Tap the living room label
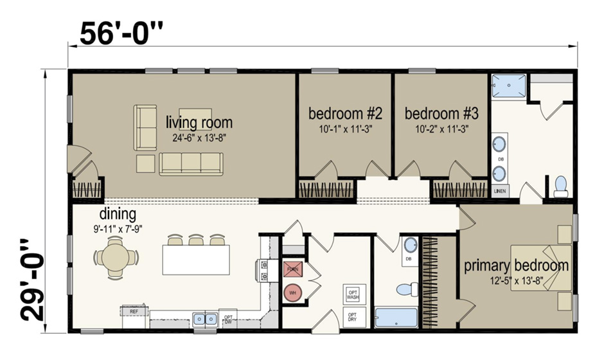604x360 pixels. click(x=199, y=122)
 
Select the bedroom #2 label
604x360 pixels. click(x=346, y=114)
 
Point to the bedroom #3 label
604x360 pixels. click(x=441, y=114)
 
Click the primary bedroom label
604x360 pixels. click(x=517, y=265)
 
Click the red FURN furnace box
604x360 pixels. click(x=294, y=269)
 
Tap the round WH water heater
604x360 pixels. click(x=293, y=292)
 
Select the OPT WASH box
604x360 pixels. click(x=353, y=294)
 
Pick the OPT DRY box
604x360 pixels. click(x=353, y=316)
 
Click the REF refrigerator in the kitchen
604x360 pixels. click(x=134, y=310)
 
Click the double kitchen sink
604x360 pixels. click(x=205, y=318)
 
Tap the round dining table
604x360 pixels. click(x=116, y=257)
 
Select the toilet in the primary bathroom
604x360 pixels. click(x=560, y=186)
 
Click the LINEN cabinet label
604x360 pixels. click(x=500, y=192)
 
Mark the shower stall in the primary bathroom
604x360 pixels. click(x=510, y=86)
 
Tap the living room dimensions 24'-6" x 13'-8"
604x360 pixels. click(x=199, y=138)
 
